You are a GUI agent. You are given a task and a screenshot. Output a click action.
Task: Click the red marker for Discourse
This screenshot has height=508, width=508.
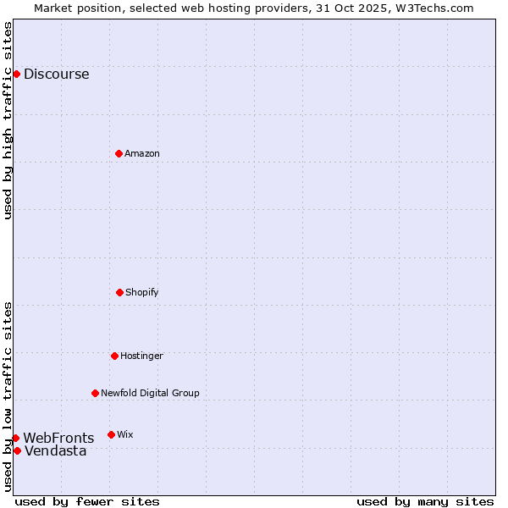pyautogui.click(x=16, y=74)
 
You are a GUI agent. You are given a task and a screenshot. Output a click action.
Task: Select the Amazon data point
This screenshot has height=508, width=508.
pyautogui.click(x=119, y=153)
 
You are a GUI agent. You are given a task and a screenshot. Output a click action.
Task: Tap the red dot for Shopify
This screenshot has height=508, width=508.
pyautogui.click(x=119, y=292)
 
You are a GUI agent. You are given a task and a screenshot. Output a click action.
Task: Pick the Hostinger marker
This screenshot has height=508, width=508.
pyautogui.click(x=114, y=356)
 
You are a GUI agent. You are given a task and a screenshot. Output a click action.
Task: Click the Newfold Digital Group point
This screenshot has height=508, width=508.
pyautogui.click(x=95, y=393)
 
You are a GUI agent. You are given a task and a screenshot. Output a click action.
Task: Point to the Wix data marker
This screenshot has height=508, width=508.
pyautogui.click(x=111, y=434)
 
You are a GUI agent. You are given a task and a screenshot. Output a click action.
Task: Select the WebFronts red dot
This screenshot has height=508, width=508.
pyautogui.click(x=15, y=438)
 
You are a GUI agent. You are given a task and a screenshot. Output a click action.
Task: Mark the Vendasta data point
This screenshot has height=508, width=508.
pyautogui.click(x=17, y=450)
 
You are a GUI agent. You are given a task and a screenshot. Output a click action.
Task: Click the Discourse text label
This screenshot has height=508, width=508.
pyautogui.click(x=56, y=74)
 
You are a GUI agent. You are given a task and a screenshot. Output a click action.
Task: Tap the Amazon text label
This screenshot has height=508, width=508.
pyautogui.click(x=142, y=153)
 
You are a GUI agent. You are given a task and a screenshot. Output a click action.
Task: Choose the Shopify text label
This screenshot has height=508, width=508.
pyautogui.click(x=142, y=292)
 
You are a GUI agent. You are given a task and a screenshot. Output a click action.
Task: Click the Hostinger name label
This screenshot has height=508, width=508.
pyautogui.click(x=141, y=356)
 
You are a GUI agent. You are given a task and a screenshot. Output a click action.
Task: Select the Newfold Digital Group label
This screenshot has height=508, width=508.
pyautogui.click(x=150, y=393)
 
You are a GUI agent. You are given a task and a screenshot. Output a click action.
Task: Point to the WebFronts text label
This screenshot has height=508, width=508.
pyautogui.click(x=58, y=438)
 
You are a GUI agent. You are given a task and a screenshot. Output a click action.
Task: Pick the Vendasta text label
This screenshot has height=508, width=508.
pyautogui.click(x=55, y=450)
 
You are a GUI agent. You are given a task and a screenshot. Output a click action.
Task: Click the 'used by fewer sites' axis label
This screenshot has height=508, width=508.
pyautogui.click(x=87, y=501)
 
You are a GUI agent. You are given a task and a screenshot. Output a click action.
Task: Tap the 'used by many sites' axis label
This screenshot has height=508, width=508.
pyautogui.click(x=425, y=501)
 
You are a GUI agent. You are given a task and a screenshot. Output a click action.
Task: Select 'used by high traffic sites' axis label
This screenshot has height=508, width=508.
pyautogui.click(x=8, y=120)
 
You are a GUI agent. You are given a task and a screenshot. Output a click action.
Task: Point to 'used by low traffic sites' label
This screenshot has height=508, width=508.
pyautogui.click(x=8, y=395)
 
